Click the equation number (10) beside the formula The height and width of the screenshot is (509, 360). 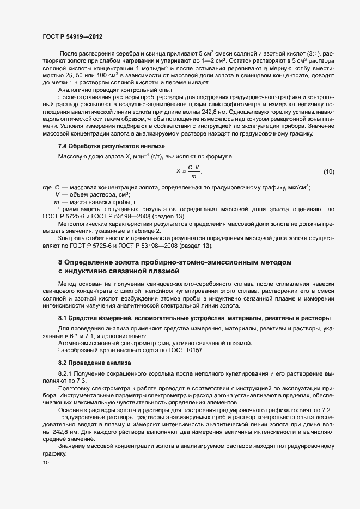click(x=328, y=171)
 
